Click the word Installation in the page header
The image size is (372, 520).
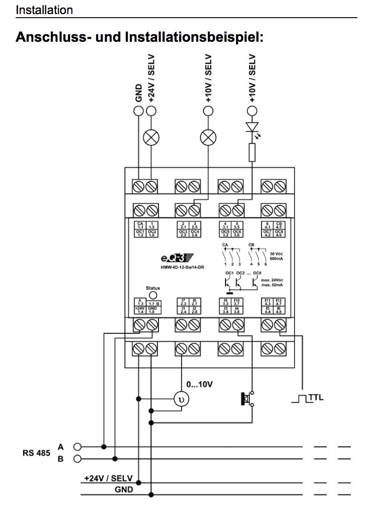click(x=44, y=10)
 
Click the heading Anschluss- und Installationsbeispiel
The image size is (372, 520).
click(x=140, y=37)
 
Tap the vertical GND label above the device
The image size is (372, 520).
click(x=138, y=93)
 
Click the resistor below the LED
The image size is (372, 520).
click(x=252, y=153)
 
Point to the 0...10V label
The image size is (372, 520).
click(x=199, y=385)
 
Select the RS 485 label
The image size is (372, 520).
click(x=36, y=453)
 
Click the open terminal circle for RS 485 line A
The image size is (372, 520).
click(x=77, y=447)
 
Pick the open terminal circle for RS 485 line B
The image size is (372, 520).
click(x=77, y=459)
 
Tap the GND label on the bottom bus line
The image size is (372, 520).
click(x=123, y=489)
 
